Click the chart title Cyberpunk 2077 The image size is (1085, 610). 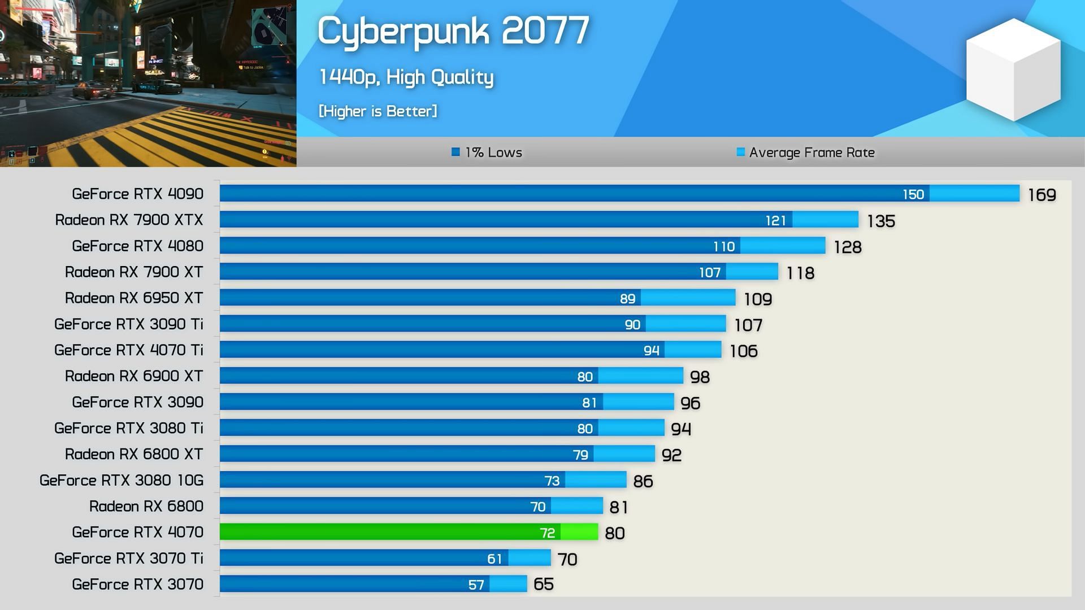point(453,31)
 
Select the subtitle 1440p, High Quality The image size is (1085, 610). point(406,77)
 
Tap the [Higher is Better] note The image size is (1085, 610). point(378,111)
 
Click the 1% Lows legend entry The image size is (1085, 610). point(487,152)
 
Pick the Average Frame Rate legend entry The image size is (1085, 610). point(805,152)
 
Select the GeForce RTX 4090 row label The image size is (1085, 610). point(137,194)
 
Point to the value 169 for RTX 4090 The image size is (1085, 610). point(1041,195)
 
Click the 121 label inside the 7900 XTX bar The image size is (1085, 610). point(775,220)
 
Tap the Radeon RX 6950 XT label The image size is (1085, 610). point(133,298)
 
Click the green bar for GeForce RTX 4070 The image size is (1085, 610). point(390,532)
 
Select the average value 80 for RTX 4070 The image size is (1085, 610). point(614,533)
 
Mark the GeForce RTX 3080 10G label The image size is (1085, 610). point(121,480)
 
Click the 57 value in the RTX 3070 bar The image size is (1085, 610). point(476,585)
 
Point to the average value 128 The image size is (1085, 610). point(848,247)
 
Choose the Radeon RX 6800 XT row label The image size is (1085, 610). point(133,454)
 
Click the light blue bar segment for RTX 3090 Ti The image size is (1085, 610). point(685,324)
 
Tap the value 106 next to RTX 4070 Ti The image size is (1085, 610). point(743,351)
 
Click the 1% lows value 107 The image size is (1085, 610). point(710,273)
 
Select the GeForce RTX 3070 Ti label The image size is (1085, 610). point(128,559)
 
